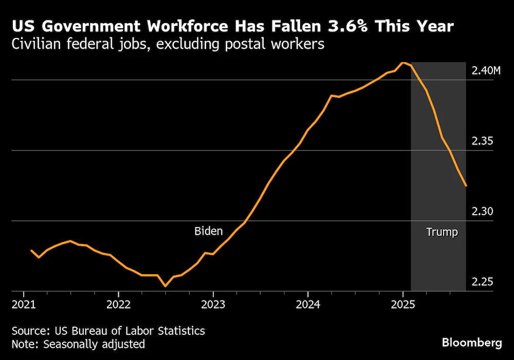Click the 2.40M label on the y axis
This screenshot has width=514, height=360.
click(x=486, y=70)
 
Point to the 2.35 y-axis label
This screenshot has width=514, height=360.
click(x=482, y=141)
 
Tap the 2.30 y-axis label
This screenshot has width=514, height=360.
click(x=482, y=211)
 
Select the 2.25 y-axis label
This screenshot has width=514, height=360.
click(x=482, y=282)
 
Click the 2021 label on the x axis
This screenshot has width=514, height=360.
click(x=23, y=305)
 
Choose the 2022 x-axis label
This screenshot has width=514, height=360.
click(x=118, y=305)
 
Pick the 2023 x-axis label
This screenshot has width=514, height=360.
click(x=213, y=305)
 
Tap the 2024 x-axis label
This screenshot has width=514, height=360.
click(x=308, y=305)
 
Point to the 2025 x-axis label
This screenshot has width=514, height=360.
click(x=403, y=305)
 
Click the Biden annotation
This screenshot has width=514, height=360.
click(x=209, y=231)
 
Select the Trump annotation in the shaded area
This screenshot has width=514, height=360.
click(x=442, y=232)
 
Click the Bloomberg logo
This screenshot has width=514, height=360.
click(x=472, y=343)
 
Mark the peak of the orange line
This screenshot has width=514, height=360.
click(x=403, y=63)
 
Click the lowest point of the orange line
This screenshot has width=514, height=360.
click(x=165, y=286)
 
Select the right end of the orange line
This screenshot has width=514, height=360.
click(x=466, y=186)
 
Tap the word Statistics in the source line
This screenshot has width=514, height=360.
click(x=181, y=331)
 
